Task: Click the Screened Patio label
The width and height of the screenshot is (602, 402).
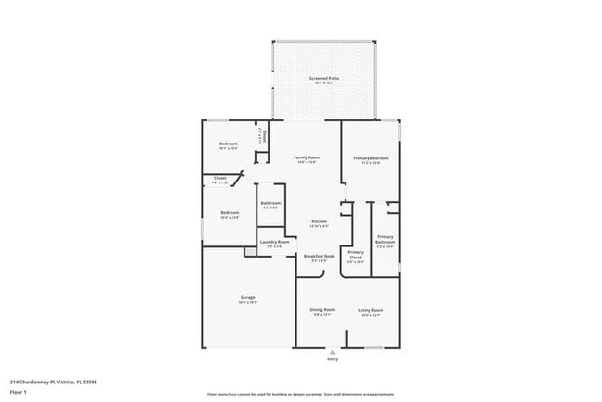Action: (x=323, y=79)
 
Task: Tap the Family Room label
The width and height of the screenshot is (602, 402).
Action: (x=307, y=157)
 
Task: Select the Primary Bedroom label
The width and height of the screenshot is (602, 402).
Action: (x=370, y=158)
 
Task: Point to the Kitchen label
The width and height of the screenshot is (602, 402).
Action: (x=319, y=221)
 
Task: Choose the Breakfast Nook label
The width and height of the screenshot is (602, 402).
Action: (x=319, y=256)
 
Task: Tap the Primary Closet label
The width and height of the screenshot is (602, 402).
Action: (x=356, y=254)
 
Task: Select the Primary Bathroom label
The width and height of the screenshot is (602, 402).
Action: (x=384, y=240)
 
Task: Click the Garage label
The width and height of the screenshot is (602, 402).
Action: (x=247, y=297)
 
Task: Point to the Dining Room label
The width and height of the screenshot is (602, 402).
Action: (x=321, y=310)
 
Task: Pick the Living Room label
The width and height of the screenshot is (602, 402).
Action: (x=371, y=310)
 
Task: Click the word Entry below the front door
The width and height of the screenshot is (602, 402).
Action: (x=332, y=358)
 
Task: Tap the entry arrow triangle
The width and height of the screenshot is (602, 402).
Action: (x=332, y=352)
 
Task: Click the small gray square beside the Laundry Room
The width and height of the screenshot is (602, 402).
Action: (x=249, y=251)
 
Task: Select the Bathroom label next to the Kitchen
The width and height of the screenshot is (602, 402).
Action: (x=270, y=203)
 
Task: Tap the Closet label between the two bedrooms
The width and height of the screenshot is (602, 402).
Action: (x=220, y=177)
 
